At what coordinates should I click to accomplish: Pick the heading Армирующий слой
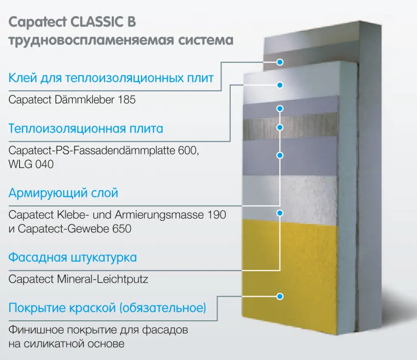[64, 192]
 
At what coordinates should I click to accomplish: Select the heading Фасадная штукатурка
[72, 257]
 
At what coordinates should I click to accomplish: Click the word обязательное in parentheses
[162, 308]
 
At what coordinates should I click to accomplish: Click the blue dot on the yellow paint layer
[280, 297]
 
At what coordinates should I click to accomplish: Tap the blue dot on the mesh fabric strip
[280, 127]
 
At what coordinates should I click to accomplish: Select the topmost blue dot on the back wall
[280, 62]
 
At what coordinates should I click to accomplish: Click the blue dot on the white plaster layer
[280, 213]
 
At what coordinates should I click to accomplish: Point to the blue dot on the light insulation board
[280, 85]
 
